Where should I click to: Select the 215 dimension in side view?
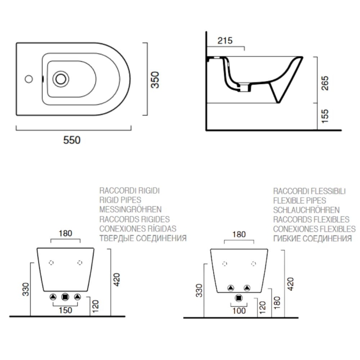(x=224, y=40)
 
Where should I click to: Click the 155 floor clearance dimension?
(x=325, y=116)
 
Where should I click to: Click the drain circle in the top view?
(x=61, y=78)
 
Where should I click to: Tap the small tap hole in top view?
(x=28, y=78)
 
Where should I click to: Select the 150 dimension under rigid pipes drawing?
(x=66, y=310)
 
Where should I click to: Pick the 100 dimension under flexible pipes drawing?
(x=239, y=310)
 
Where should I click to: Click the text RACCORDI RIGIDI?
(x=129, y=190)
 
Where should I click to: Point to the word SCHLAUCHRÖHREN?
(x=306, y=210)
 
